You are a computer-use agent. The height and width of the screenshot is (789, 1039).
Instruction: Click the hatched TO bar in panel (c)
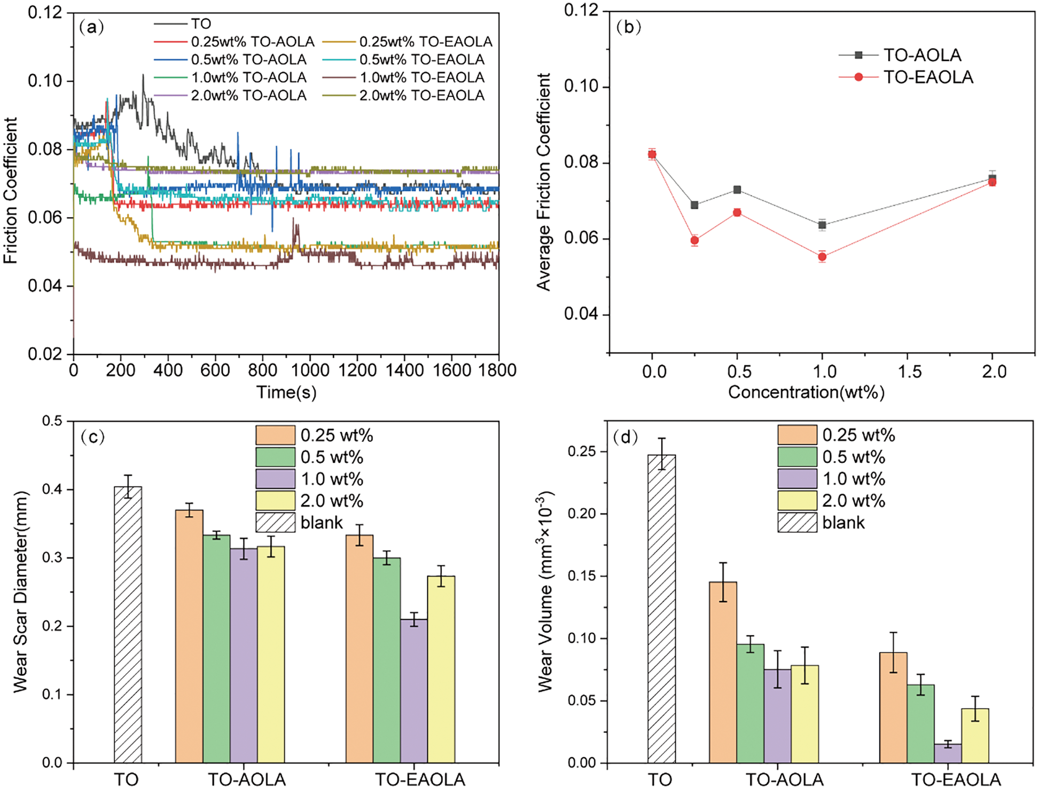pos(128,625)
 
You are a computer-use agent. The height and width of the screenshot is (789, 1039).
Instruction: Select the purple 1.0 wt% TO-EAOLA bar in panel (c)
pos(414,691)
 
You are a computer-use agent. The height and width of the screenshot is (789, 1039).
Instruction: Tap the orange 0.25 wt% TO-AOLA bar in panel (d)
pos(723,672)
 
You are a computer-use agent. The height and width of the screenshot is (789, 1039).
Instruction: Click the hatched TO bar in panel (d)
pos(661,609)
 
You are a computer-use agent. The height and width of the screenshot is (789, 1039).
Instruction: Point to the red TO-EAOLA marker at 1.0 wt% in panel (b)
pos(822,257)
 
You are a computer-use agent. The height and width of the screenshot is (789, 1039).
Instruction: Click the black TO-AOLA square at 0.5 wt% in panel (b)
pos(737,190)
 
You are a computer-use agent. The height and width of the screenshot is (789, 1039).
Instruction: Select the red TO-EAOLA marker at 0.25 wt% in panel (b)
pos(694,240)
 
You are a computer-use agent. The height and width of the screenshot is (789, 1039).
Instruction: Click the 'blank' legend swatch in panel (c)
pos(275,523)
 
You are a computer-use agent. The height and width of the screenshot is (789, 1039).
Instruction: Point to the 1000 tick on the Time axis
pos(310,370)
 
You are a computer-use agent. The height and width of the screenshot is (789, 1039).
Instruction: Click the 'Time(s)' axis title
pos(286,392)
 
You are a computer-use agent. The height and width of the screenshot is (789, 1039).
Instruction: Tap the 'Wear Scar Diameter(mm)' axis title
pos(20,591)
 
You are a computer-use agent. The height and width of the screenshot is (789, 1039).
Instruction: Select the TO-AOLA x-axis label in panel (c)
pos(246,779)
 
